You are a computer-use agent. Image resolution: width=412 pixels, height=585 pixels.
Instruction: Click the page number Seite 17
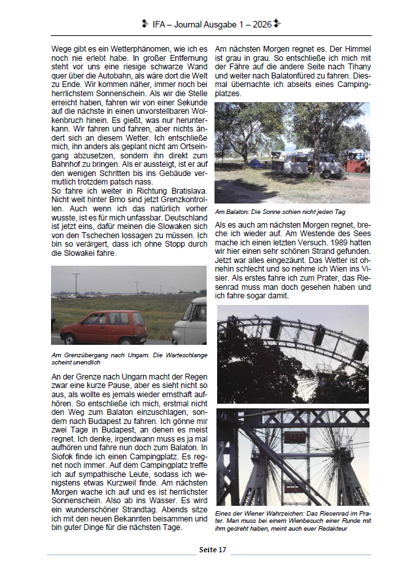click(x=212, y=550)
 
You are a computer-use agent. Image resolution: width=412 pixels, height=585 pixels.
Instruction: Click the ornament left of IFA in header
click(x=144, y=24)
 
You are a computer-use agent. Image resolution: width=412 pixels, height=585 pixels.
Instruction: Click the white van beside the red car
click(x=192, y=322)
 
